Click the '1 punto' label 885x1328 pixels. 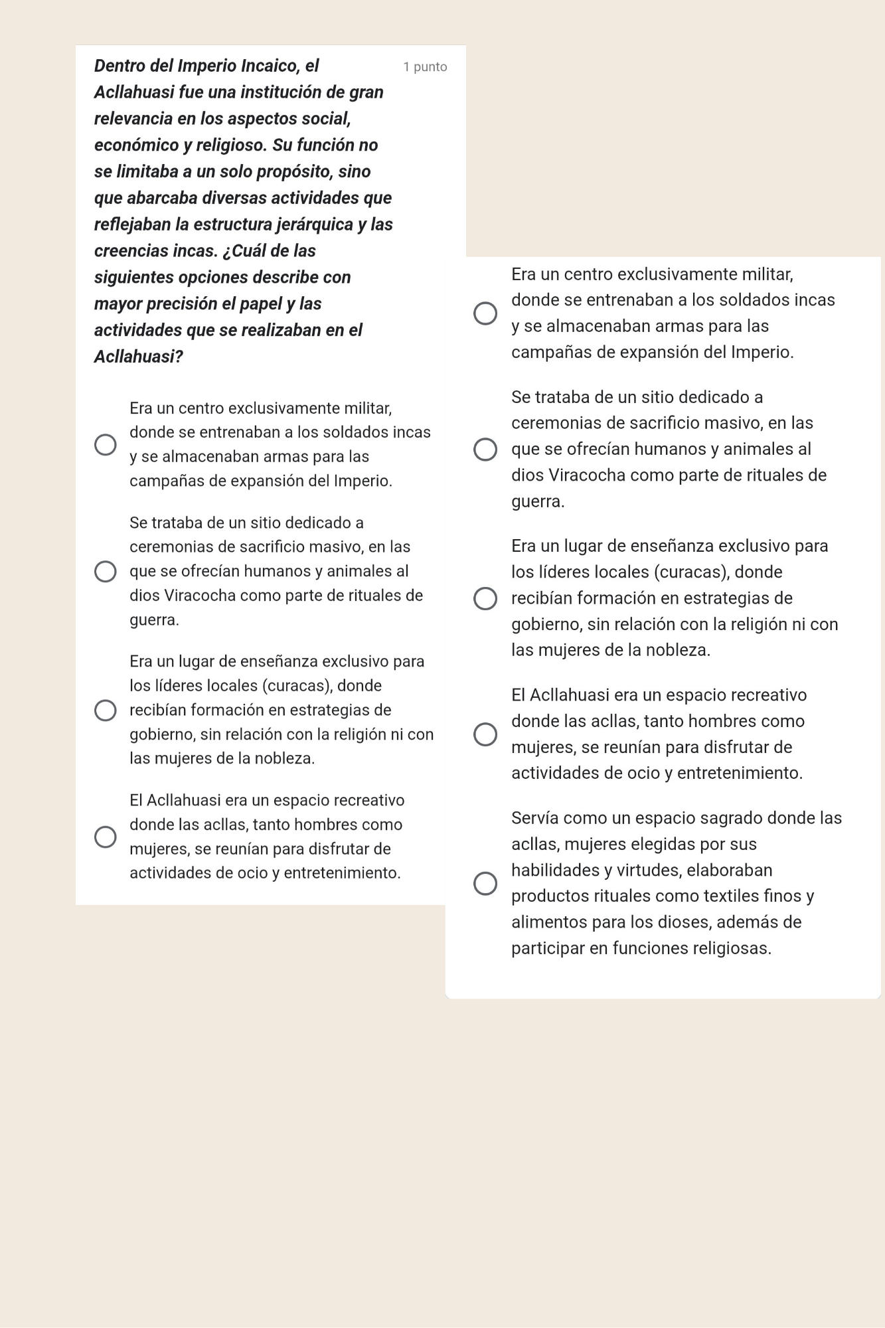[x=425, y=67]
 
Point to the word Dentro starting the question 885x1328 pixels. [x=119, y=66]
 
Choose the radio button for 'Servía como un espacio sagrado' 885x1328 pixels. [x=485, y=883]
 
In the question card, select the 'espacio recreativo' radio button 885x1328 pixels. [x=106, y=837]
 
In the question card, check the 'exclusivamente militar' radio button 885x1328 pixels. [x=106, y=444]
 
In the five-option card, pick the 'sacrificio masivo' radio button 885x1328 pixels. [x=485, y=450]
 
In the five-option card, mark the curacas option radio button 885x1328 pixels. [x=485, y=598]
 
